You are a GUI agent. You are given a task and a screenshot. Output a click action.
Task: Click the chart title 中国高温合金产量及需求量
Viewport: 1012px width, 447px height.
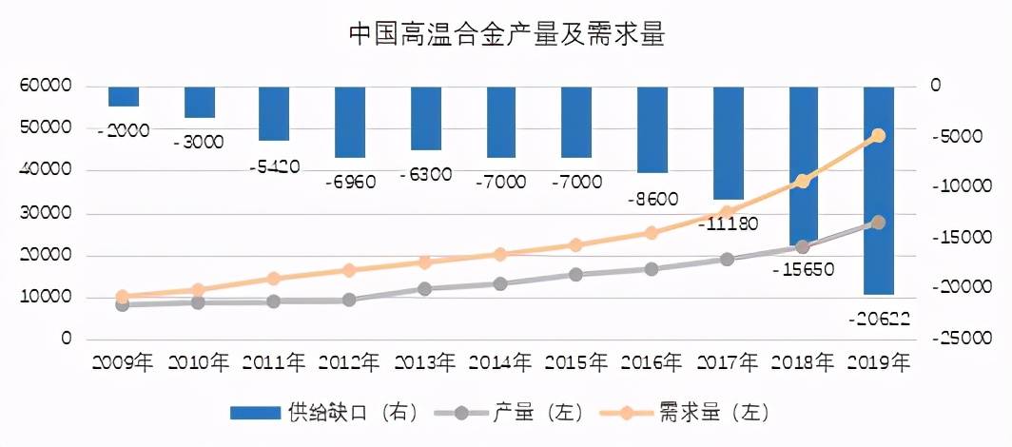pos(505,35)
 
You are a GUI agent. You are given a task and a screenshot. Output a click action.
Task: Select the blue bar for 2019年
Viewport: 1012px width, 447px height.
pos(879,190)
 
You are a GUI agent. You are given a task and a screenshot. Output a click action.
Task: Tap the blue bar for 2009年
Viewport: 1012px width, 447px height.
pos(123,96)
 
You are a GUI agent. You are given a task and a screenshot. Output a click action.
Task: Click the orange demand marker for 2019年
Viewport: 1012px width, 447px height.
pos(878,136)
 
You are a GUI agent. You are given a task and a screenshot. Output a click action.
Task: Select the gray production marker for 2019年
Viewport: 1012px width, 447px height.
pos(878,223)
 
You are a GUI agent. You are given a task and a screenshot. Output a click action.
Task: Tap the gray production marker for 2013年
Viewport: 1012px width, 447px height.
pos(425,288)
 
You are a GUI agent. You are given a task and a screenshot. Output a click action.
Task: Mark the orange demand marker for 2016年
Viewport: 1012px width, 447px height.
pos(652,233)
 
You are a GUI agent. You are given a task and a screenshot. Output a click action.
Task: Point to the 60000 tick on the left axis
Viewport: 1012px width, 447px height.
pos(40,87)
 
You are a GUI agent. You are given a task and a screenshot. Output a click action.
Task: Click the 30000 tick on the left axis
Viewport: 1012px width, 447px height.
pos(40,213)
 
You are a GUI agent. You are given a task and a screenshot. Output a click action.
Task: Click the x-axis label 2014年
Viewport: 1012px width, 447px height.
pos(500,362)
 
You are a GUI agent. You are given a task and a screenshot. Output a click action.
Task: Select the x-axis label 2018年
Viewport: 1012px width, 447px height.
pos(803,362)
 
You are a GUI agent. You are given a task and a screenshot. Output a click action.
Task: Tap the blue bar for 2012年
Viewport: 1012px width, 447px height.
pos(350,122)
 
